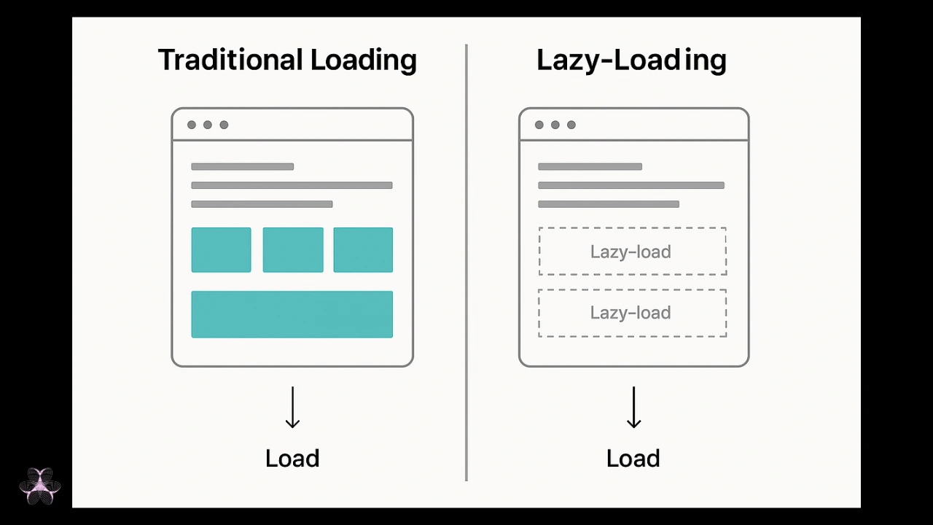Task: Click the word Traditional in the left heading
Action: point(230,60)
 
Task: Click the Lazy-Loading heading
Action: point(631,61)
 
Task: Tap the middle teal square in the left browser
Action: point(293,249)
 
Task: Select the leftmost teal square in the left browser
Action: point(221,249)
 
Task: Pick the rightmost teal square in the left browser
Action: point(363,249)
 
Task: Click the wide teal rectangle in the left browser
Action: point(292,314)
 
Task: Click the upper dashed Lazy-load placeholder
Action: point(633,228)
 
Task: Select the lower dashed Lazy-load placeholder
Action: point(633,289)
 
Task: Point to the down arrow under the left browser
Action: point(292,407)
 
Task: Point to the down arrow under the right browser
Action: point(633,407)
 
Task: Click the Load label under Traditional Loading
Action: point(292,459)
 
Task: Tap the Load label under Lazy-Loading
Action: point(633,459)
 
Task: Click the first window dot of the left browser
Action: point(192,125)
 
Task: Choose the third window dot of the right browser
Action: point(571,125)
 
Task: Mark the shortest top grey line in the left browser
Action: point(243,167)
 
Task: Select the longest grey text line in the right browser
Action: point(631,185)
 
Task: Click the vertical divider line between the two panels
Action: point(466,262)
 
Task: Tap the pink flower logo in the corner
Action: point(40,486)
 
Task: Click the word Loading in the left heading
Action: point(363,61)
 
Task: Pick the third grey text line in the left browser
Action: point(262,204)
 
